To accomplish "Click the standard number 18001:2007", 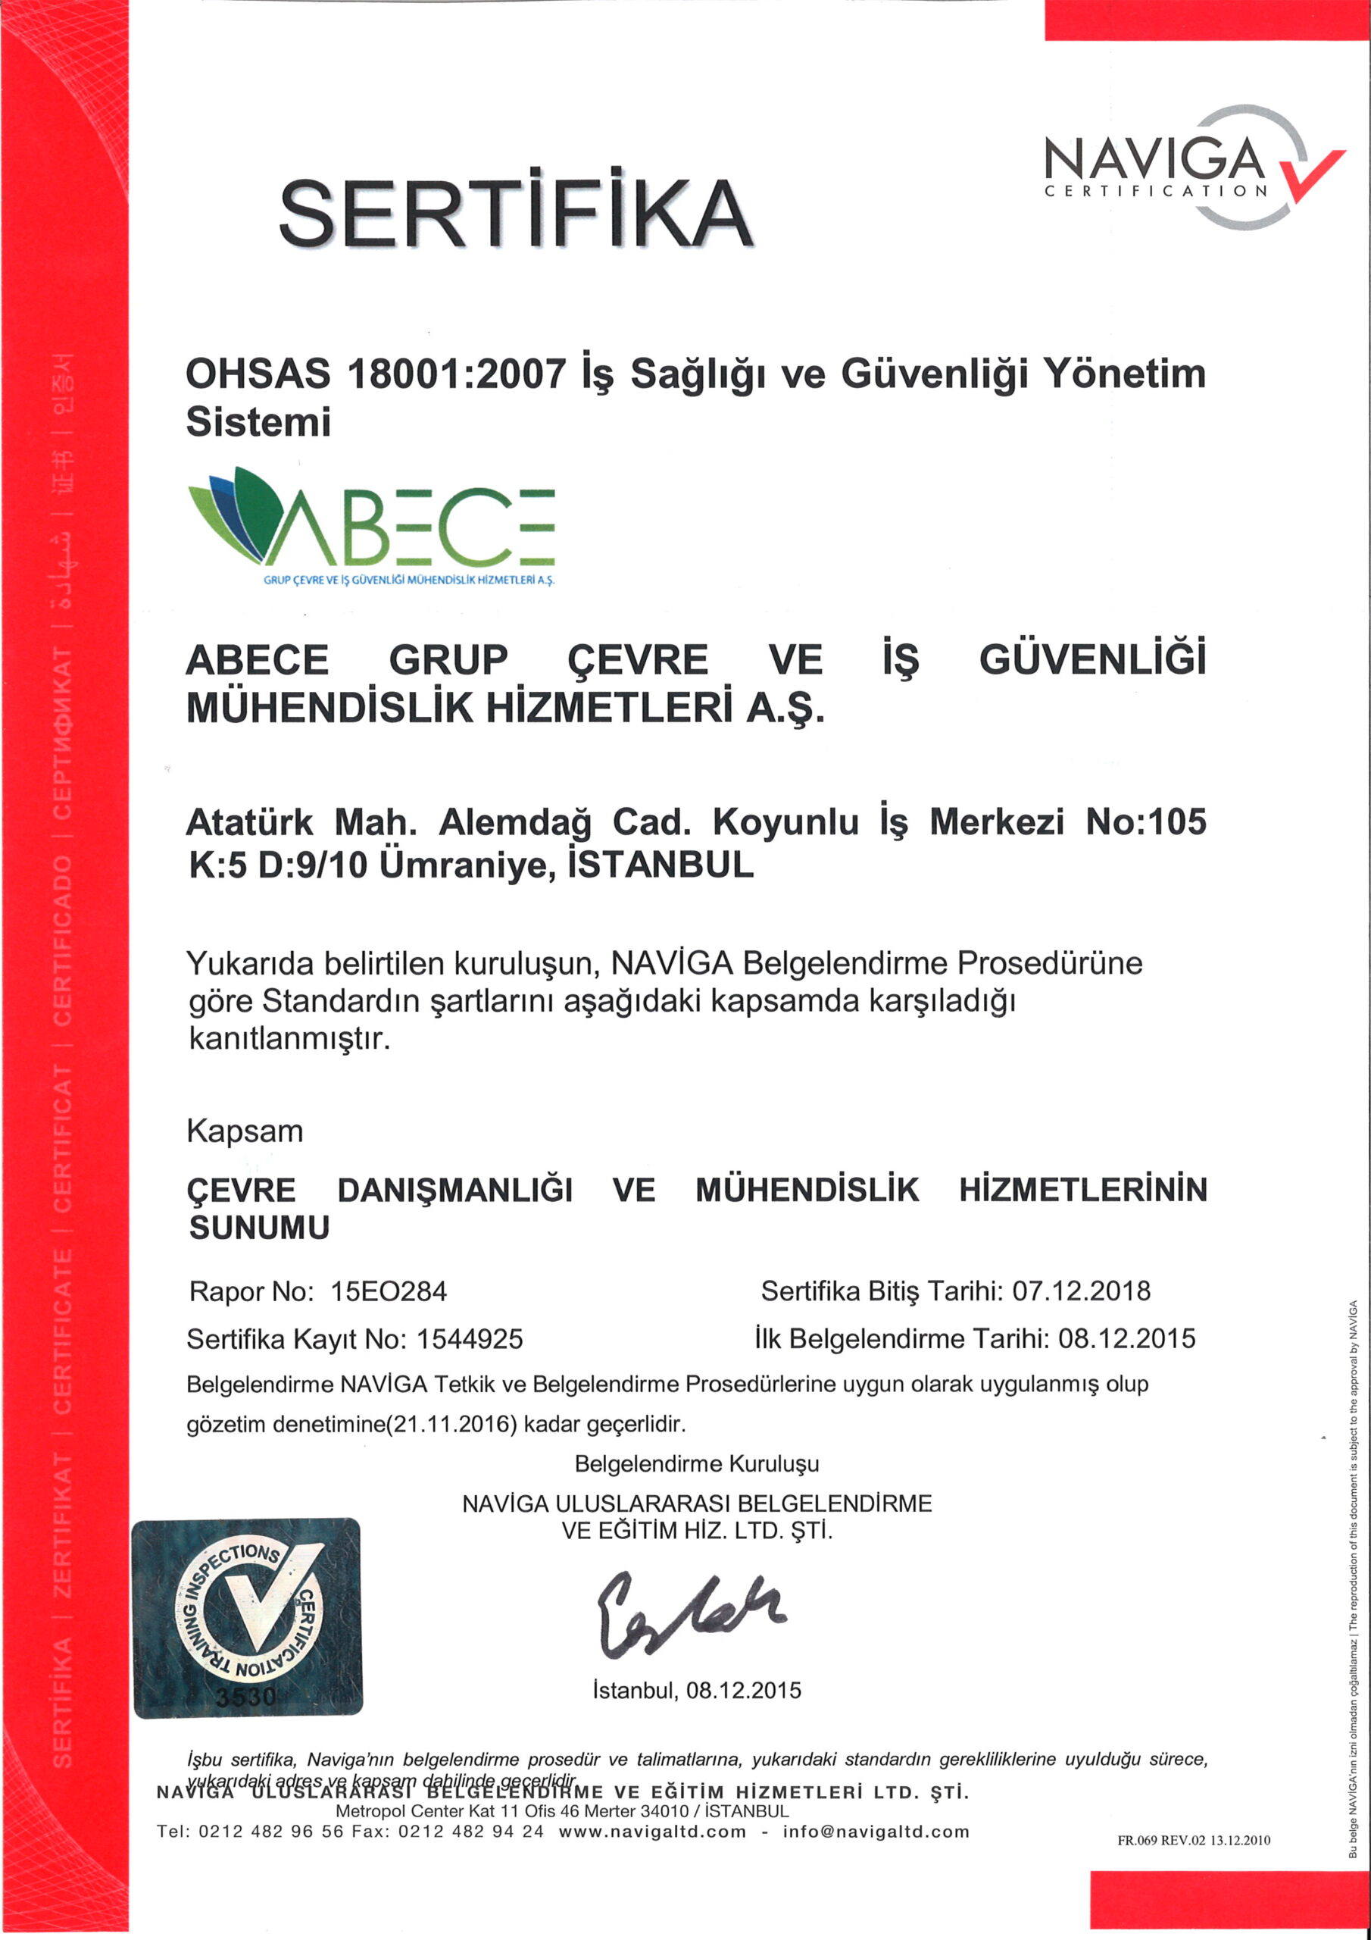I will pos(457,374).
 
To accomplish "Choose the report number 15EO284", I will pos(389,1291).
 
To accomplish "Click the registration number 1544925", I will pos(470,1338).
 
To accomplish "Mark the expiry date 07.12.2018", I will pos(1081,1291).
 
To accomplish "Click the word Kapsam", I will pos(245,1131).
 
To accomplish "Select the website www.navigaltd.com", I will pos(653,1832).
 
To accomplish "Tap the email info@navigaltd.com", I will pos(876,1832).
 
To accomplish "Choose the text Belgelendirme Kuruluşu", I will pos(697,1463).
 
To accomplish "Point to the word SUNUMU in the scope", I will pos(259,1228).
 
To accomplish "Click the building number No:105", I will pos(1145,821).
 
